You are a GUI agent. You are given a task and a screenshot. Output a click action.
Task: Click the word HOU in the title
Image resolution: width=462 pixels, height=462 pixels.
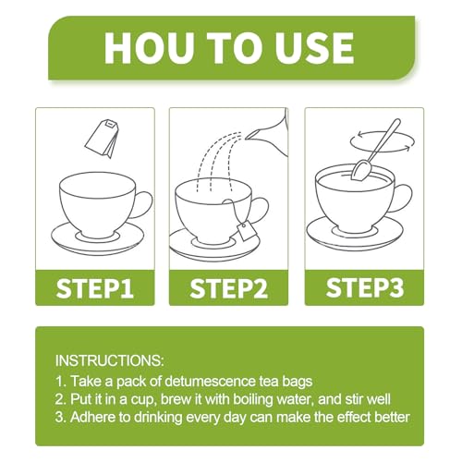[x=150, y=48]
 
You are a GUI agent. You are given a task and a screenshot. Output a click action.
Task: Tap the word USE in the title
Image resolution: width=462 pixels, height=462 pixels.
[x=313, y=48]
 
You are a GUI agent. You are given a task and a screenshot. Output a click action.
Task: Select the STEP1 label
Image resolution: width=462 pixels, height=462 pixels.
[x=95, y=288]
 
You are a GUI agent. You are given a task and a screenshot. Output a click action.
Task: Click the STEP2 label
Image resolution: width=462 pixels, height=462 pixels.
[x=228, y=288]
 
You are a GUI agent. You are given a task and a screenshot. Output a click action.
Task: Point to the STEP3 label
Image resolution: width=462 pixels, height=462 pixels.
[x=365, y=287]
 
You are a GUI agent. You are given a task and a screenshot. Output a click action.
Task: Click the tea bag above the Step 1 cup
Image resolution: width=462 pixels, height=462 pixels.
[x=102, y=138]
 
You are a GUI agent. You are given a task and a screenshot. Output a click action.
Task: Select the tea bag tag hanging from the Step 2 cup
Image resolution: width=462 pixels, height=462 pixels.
[x=247, y=232]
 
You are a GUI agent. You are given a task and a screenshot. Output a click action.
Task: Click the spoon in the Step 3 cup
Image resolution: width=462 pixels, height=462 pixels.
[x=377, y=150]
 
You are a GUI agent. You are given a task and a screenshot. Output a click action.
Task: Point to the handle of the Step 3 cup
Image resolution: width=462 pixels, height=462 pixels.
[x=402, y=199]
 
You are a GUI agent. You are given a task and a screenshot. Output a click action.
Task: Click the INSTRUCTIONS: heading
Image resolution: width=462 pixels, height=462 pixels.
[x=109, y=360]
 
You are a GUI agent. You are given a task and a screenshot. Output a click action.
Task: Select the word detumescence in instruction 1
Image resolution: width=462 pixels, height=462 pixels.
[x=209, y=382]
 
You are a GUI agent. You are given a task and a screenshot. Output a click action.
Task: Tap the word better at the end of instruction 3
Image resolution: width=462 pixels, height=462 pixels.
[x=392, y=417]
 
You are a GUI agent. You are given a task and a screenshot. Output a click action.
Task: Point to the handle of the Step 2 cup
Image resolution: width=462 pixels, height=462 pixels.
[x=261, y=211]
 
